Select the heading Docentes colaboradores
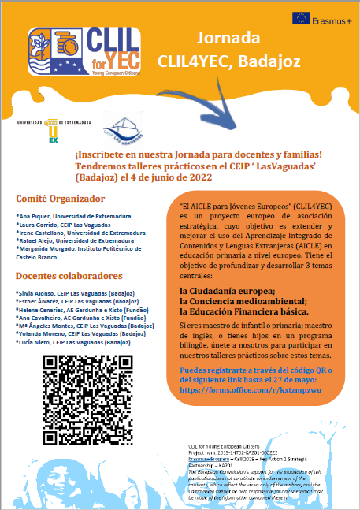(69, 276)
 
